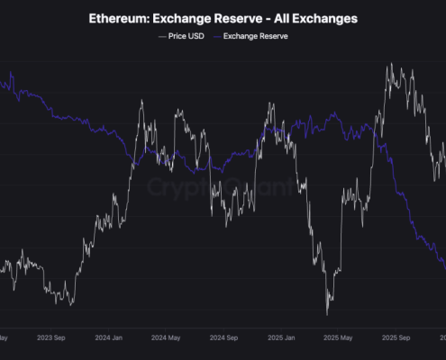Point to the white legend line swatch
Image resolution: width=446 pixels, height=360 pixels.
[x=161, y=36]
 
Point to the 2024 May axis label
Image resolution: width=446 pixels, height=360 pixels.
[x=166, y=340]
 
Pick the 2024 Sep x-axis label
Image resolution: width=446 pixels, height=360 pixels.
[x=223, y=340]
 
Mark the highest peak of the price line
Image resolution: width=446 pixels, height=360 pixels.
[x=390, y=64]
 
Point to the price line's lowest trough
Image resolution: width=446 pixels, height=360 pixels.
[x=327, y=314]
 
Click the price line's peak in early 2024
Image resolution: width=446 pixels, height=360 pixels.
[x=141, y=100]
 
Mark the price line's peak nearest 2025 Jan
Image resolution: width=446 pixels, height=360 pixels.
[x=270, y=104]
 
